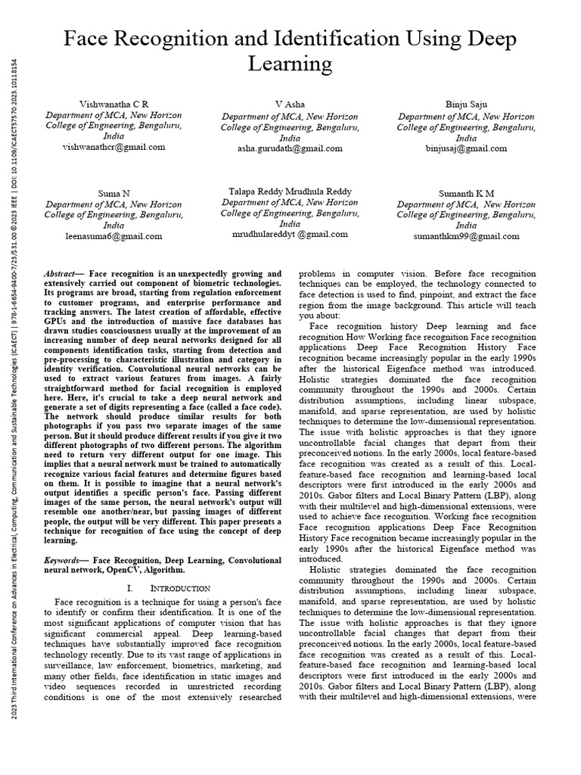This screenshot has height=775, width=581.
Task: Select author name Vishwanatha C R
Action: pos(113,103)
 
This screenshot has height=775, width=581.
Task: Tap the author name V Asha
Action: pos(290,104)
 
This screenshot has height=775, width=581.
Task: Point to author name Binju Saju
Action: pos(466,104)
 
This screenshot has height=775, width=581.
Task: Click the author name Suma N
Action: pos(113,193)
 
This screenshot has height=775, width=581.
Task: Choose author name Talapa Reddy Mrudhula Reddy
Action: pos(290,191)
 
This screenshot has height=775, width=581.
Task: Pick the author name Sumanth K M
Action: pos(466,193)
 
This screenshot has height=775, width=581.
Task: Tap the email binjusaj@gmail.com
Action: pos(466,149)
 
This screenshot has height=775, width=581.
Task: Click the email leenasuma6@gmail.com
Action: pos(113,235)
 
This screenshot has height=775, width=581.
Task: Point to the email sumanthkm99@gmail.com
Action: pos(466,235)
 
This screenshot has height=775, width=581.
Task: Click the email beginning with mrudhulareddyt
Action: pos(290,235)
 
